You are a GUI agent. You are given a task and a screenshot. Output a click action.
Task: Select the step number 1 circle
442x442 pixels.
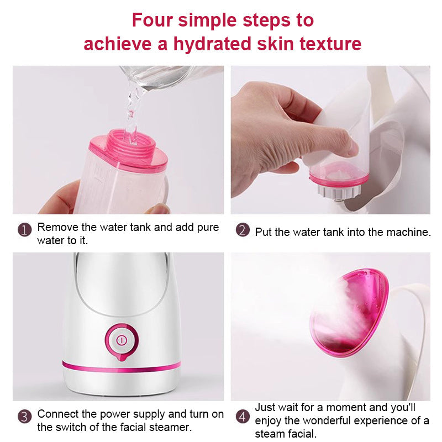[x=24, y=229]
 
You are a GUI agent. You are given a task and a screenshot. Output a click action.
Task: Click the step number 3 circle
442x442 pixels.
[x=24, y=416]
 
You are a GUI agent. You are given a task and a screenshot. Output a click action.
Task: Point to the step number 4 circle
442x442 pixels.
[x=243, y=416]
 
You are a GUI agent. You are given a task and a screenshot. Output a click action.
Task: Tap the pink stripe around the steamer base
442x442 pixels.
[x=122, y=366]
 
